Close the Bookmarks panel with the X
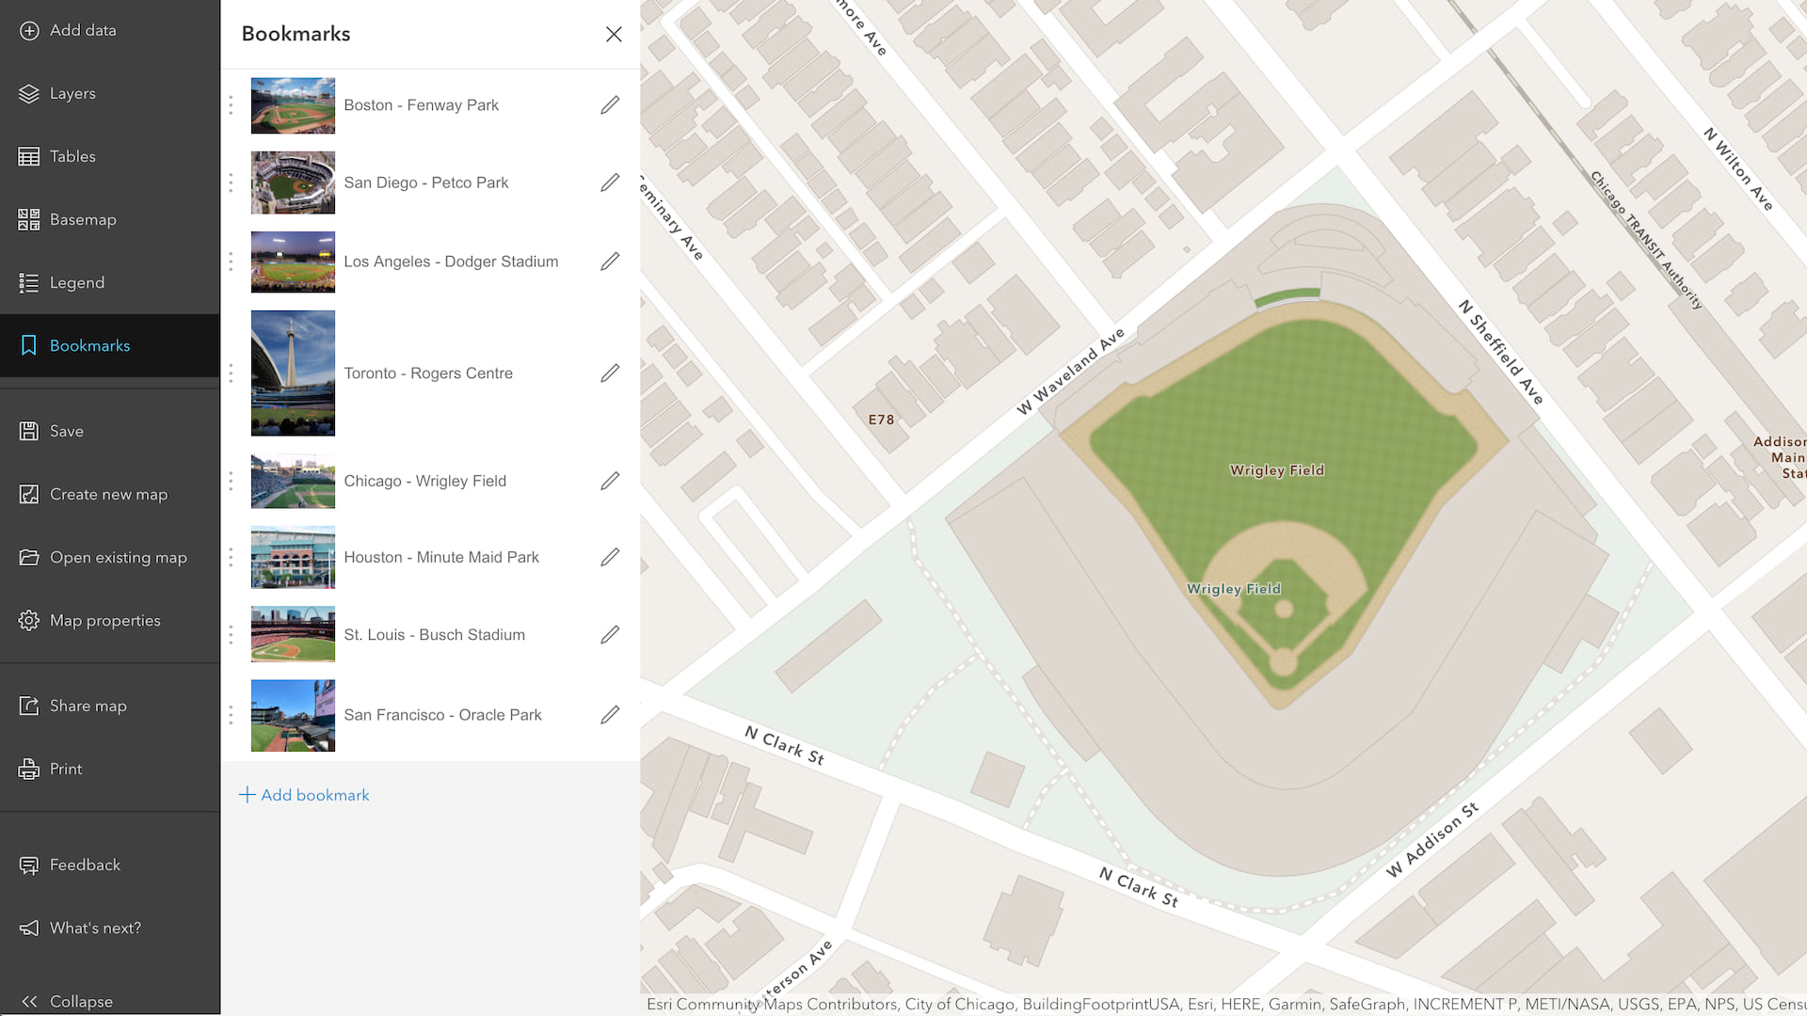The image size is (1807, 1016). tap(614, 34)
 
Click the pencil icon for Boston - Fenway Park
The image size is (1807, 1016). tap(610, 105)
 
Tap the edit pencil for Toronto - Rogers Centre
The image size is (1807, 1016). tap(610, 373)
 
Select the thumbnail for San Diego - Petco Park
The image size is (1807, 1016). tap(293, 183)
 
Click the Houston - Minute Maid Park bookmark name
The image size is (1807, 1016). tap(441, 557)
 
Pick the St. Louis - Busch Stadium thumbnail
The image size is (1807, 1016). tap(293, 634)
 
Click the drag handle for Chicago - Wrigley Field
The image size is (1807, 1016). tap(231, 481)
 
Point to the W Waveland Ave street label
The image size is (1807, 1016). tap(1070, 372)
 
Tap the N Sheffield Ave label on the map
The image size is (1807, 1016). tap(1500, 352)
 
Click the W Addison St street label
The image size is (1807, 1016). tap(1431, 839)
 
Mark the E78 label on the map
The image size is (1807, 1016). tap(881, 420)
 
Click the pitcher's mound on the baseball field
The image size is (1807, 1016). tap(1283, 610)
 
